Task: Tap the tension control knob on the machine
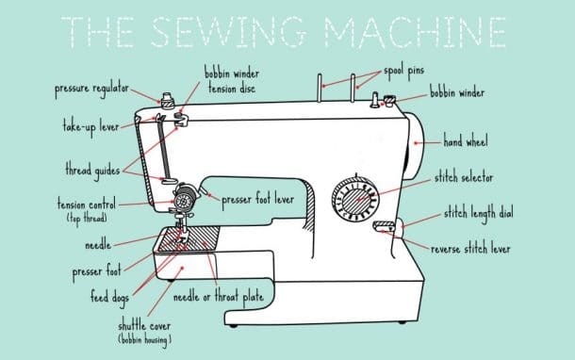tap(185, 198)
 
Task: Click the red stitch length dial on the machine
tap(384, 225)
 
